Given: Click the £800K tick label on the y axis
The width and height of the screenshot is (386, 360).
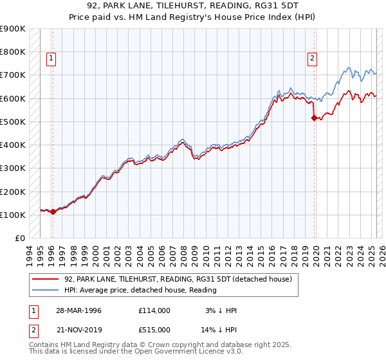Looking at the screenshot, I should tap(13, 52).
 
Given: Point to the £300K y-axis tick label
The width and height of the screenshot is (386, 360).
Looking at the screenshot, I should tap(13, 168).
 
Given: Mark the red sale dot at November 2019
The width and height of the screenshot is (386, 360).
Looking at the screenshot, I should tap(314, 118).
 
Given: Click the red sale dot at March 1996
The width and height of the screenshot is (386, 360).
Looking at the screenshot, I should tap(53, 212).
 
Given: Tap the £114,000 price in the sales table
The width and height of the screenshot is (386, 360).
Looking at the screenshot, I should tap(154, 310).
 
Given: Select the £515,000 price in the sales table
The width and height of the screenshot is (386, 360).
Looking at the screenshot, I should tap(154, 330).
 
